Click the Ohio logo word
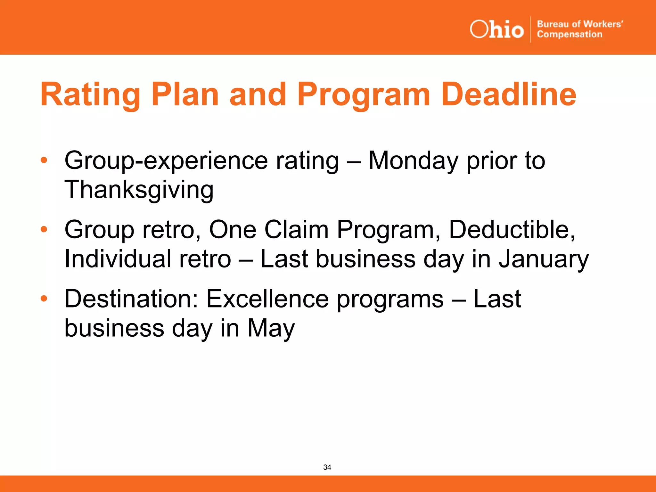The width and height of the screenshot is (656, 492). (x=496, y=29)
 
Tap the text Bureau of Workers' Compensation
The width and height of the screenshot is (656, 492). (x=579, y=29)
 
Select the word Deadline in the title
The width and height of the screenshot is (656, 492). (x=509, y=94)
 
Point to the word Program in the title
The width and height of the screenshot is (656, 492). (x=364, y=95)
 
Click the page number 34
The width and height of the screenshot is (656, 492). (x=327, y=467)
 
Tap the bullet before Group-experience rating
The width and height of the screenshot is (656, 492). (x=44, y=160)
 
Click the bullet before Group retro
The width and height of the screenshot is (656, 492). (x=44, y=229)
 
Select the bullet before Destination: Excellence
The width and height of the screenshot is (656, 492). (x=44, y=299)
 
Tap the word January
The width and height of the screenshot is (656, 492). (x=544, y=259)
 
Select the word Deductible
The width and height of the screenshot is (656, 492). (x=512, y=230)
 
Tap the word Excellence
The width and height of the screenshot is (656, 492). (x=267, y=299)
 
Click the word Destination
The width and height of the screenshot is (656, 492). (x=131, y=299)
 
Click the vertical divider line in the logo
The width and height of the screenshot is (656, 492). (x=530, y=29)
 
